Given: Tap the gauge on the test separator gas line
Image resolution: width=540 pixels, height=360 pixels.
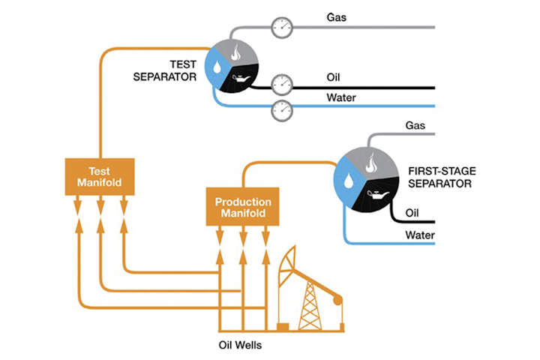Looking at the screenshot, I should (281, 28).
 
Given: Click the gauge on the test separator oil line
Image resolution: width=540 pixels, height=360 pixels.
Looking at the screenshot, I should (281, 82).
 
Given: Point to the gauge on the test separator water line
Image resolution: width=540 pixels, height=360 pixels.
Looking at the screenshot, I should (281, 109).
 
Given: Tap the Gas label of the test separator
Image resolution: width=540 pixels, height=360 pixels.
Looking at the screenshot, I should (336, 16).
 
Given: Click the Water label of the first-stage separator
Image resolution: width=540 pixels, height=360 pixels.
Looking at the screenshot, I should (421, 235).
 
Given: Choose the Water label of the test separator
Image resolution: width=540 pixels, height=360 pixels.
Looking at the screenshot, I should (341, 97).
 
